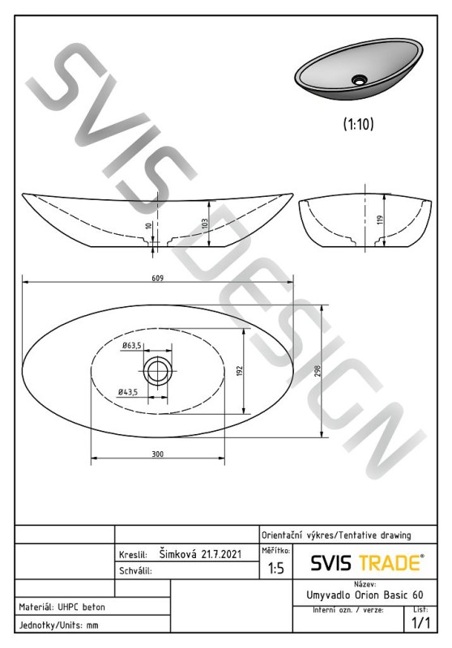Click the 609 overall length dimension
(x=157, y=278)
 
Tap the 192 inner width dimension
(x=241, y=371)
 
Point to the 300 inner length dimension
(x=157, y=454)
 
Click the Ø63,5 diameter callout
(x=131, y=346)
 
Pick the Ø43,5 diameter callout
(x=128, y=392)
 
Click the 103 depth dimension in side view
(x=204, y=224)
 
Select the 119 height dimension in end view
(x=381, y=220)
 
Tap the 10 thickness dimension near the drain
(x=149, y=226)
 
